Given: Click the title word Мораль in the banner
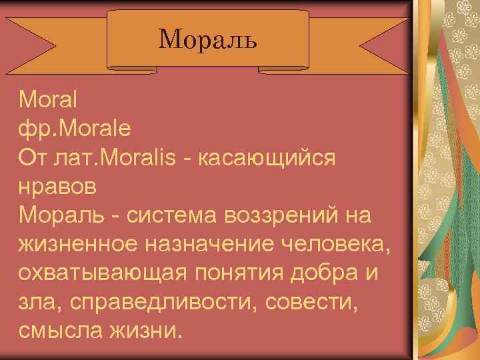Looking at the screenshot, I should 207,40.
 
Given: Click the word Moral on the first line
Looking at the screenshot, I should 49,101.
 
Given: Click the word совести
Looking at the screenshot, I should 313,302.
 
